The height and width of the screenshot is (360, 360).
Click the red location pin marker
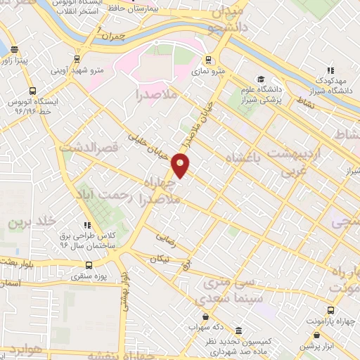[181, 166]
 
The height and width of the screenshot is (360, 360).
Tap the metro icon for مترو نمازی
[207, 59]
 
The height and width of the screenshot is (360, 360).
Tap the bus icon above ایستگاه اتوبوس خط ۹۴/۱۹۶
[33, 91]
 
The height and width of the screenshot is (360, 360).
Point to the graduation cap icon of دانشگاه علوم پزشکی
[260, 79]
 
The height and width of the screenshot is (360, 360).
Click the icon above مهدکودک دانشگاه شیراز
[329, 70]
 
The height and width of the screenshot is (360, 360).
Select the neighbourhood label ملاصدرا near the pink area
[157, 94]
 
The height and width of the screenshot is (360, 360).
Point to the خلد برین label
[32, 221]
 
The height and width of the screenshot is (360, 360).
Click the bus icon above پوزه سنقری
[89, 265]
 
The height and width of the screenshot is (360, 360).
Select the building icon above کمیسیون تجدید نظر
[238, 331]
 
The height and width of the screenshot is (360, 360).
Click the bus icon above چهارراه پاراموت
[330, 309]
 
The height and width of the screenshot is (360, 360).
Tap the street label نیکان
[160, 259]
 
